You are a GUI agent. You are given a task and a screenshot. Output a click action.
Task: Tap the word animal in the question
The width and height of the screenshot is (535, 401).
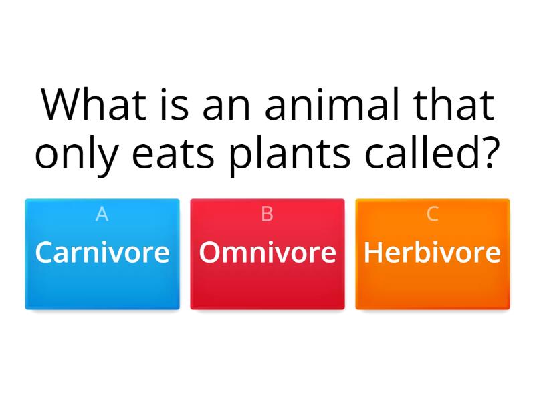click(x=326, y=104)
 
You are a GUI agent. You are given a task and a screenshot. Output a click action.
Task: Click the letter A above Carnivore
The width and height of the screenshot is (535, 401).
click(x=102, y=214)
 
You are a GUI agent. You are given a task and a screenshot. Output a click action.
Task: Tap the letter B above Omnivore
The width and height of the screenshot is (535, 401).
click(x=267, y=214)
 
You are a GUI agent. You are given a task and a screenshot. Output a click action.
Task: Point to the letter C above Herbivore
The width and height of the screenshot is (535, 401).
click(x=433, y=214)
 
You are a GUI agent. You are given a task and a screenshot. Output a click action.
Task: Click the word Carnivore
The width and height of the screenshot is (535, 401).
click(x=102, y=253)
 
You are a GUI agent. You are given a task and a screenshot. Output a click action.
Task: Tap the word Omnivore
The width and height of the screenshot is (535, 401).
click(x=267, y=253)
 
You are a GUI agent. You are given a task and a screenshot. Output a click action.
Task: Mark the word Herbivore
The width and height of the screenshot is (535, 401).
click(x=433, y=253)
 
